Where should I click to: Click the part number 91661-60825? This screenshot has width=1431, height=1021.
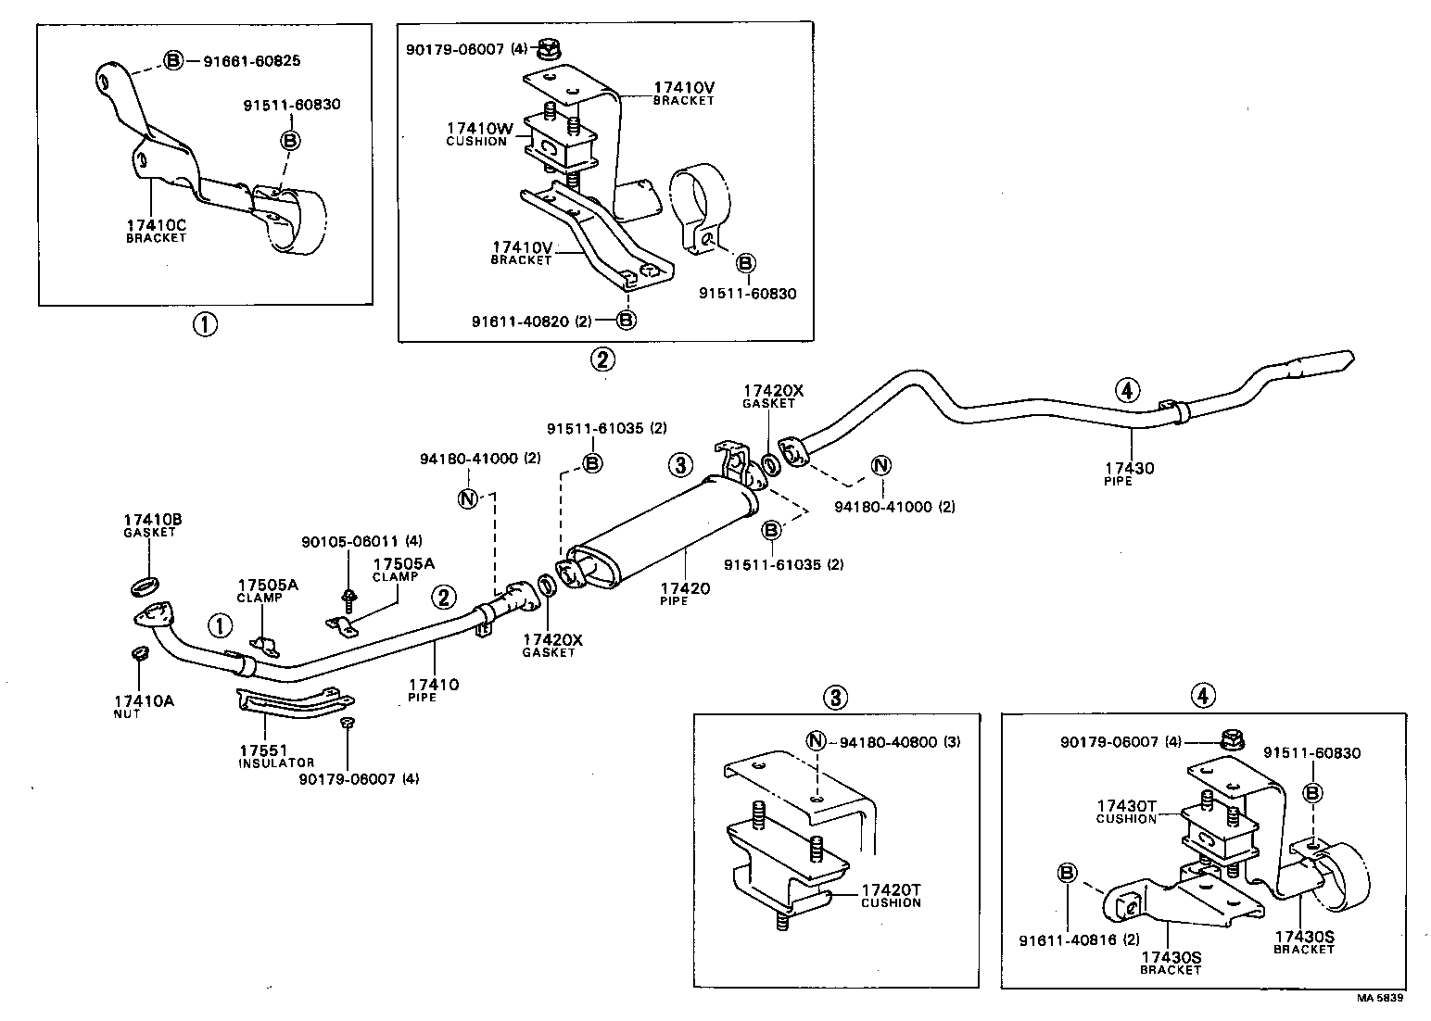251,61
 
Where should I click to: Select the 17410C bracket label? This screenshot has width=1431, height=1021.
156,230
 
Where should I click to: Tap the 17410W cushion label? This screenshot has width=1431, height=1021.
476,133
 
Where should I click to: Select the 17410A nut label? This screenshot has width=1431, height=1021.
143,706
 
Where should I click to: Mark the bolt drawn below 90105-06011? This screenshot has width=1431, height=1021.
349,598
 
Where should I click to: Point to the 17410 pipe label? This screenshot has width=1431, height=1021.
434,690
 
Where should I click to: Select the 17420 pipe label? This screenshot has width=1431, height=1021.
685,593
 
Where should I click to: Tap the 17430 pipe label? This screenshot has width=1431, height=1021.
1129,473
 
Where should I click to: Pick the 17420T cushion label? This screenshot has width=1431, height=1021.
891,895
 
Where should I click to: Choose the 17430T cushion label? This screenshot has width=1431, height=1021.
1126,812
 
